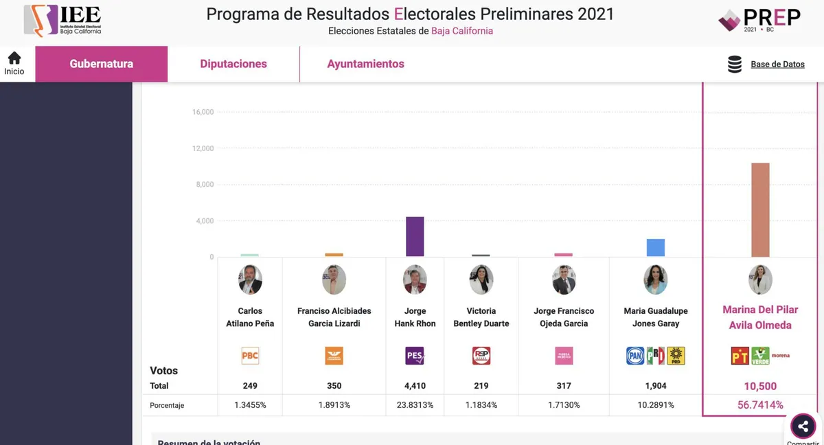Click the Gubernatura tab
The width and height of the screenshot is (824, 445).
102,64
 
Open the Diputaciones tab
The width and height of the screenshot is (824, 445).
233,64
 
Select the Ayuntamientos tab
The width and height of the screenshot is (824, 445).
365,64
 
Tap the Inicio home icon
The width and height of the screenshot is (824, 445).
14,59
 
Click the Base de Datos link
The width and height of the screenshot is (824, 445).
777,64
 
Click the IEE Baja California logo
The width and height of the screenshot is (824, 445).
63,21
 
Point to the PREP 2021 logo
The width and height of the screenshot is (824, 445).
759,20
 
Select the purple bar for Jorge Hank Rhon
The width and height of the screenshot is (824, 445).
415,236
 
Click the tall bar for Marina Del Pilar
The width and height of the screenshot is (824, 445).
760,209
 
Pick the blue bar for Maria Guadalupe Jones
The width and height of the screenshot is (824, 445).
655,247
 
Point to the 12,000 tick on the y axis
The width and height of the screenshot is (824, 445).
203,148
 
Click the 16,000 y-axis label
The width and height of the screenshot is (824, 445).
203,112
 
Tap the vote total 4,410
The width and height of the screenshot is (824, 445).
415,386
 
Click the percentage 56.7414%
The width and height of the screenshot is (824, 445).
760,405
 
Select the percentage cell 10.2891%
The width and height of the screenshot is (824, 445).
655,405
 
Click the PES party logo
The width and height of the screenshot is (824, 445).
415,356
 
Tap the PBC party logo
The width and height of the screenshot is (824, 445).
250,356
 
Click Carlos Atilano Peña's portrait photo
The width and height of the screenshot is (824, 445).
250,280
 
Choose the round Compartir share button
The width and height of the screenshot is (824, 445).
803,426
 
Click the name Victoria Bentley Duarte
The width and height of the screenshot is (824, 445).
481,317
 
